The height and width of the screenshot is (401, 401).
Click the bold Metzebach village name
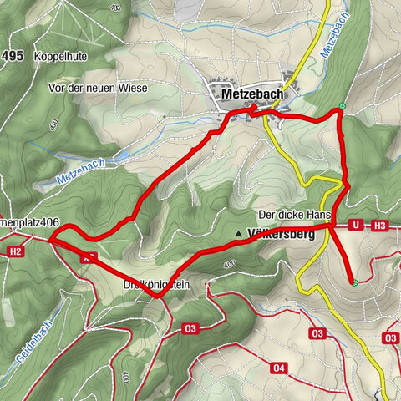253,95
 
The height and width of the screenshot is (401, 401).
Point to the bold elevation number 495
13,56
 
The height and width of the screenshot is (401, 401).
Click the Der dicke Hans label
291,214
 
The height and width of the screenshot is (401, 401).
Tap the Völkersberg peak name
281,235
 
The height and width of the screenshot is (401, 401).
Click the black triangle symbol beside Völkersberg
239,234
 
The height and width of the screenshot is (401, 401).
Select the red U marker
356,225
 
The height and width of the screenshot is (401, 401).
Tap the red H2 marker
15,250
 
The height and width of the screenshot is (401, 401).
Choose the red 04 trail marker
279,368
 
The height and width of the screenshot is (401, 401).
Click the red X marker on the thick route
84,259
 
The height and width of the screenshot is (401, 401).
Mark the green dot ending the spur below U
354,283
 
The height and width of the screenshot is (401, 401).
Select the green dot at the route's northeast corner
342,106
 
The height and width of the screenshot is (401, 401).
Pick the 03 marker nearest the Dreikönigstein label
190,328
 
